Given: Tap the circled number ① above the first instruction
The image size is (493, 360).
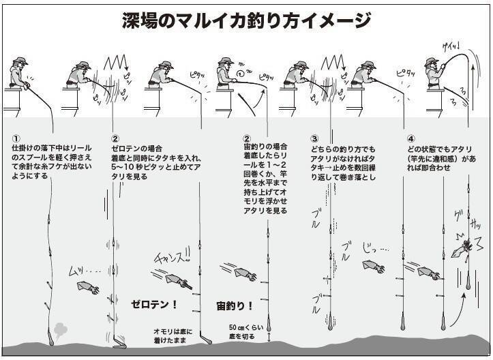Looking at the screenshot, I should click(16, 138).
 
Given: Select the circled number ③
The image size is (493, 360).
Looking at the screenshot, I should click(314, 138).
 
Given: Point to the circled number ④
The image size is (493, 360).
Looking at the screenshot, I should click(410, 138).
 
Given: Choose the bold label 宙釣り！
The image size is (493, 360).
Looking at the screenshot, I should click(235, 305).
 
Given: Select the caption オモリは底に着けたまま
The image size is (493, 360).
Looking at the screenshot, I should click(173, 336).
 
